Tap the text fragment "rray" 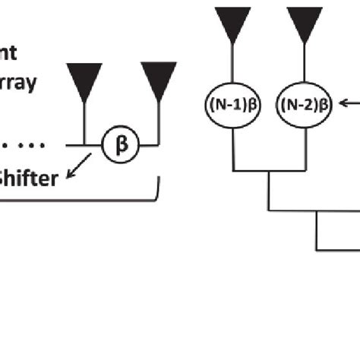18,83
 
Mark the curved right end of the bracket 156,194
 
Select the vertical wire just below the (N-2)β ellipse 305,144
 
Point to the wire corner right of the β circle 159,144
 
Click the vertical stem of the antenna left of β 84,122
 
